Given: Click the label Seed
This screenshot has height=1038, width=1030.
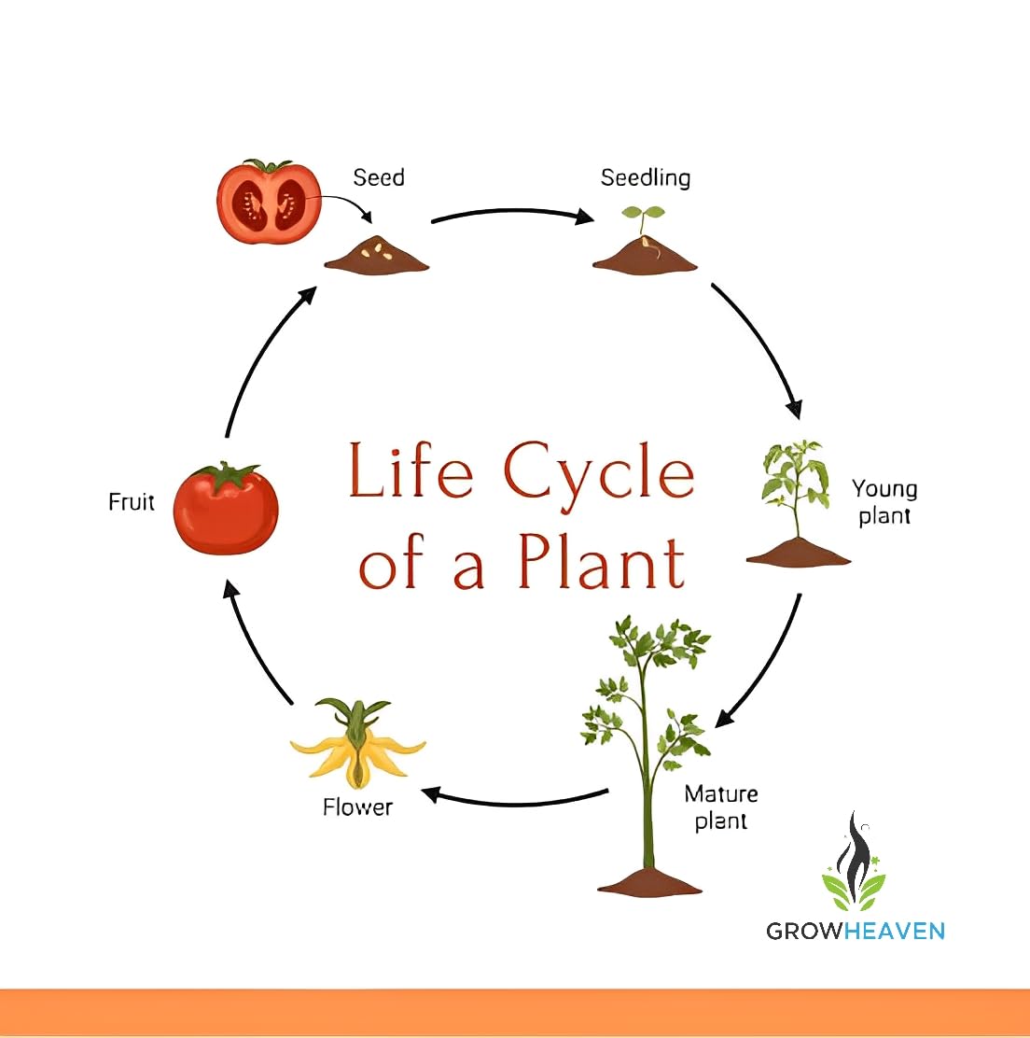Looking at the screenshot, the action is pos(379,177).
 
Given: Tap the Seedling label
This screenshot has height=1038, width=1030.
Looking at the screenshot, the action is pos(645,177).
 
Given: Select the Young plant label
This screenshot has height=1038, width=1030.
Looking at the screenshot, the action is pos(884,502).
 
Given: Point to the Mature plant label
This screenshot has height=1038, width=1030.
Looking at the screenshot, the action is pos(720,807).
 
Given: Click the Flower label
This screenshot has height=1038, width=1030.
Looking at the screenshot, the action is pos(357,807).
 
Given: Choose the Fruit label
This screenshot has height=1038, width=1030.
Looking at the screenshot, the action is pos(132,502).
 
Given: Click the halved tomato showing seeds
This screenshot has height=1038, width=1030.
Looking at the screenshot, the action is pos(269,202).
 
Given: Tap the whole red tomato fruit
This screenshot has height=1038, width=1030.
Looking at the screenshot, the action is pos(226,509).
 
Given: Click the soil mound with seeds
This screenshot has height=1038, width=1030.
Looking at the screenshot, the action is pos(377,255).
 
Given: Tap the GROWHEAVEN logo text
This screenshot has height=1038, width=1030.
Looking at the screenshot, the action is pos(856,931).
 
